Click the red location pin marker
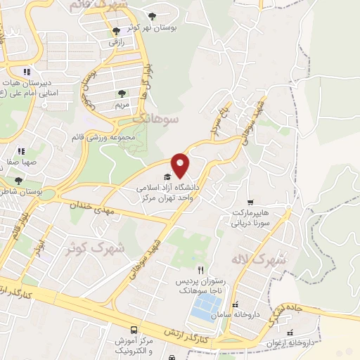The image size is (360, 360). coord(181,165)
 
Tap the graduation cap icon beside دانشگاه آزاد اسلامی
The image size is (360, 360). coord(167,176)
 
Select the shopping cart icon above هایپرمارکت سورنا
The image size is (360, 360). coord(250,202)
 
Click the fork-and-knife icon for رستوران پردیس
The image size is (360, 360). coord(201,269)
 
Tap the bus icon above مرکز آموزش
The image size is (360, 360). coord(134,330)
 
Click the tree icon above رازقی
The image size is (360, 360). coord(117,31)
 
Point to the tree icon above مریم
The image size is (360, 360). coord(122,93)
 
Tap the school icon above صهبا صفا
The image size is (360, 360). coord(20,150)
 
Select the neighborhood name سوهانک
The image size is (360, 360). coord(160,120)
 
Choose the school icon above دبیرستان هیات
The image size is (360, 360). coord(26,72)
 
